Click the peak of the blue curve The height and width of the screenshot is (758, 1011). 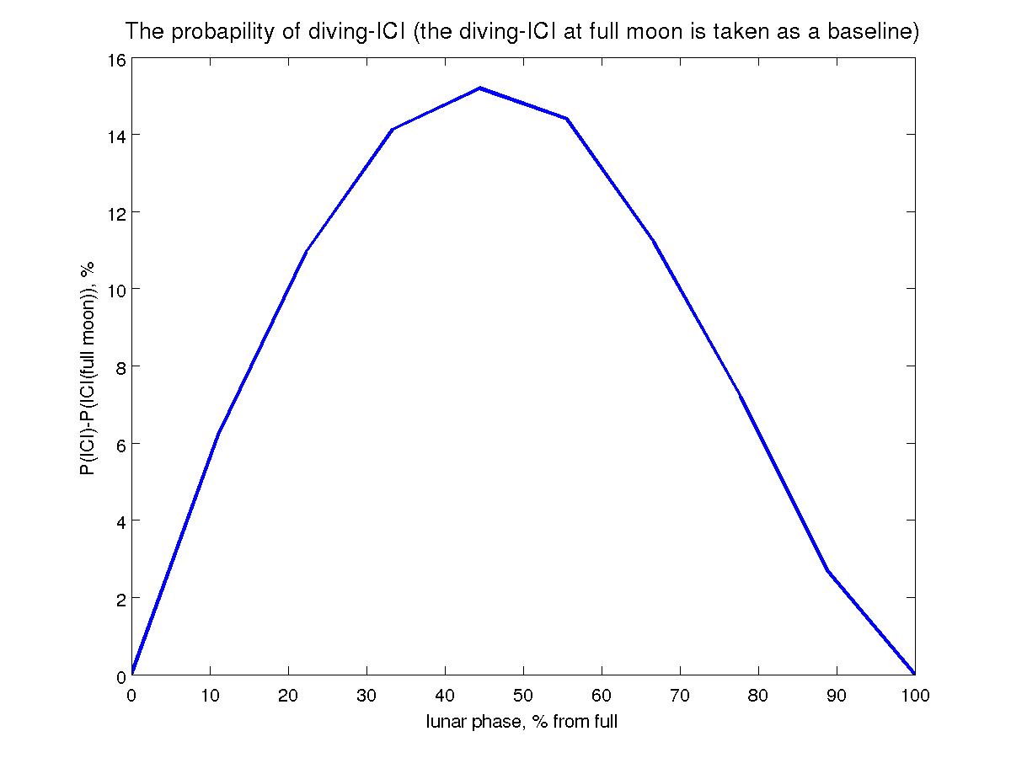pyautogui.click(x=479, y=88)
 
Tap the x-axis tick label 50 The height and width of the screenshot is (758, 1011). pyautogui.click(x=523, y=696)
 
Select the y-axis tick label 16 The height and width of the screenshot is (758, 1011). pyautogui.click(x=116, y=60)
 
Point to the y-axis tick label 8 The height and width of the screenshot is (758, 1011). pyautogui.click(x=120, y=366)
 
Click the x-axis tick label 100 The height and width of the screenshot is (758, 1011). pyautogui.click(x=914, y=696)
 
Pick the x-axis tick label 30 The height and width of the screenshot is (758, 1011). pyautogui.click(x=366, y=696)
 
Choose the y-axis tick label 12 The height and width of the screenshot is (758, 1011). pyautogui.click(x=116, y=212)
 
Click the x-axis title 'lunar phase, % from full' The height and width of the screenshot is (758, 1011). pyautogui.click(x=522, y=722)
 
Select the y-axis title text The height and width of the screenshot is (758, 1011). pyautogui.click(x=87, y=367)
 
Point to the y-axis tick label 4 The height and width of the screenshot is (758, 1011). pyautogui.click(x=120, y=520)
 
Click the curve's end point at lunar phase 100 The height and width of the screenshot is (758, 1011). pyautogui.click(x=914, y=674)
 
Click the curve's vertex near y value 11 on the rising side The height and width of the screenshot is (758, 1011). pyautogui.click(x=306, y=251)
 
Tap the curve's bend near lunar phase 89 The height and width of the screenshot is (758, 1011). pyautogui.click(x=827, y=570)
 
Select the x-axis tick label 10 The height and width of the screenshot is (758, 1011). pyautogui.click(x=210, y=696)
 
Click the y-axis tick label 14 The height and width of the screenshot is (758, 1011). pyautogui.click(x=116, y=135)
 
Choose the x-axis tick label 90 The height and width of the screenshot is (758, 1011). pyautogui.click(x=837, y=696)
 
